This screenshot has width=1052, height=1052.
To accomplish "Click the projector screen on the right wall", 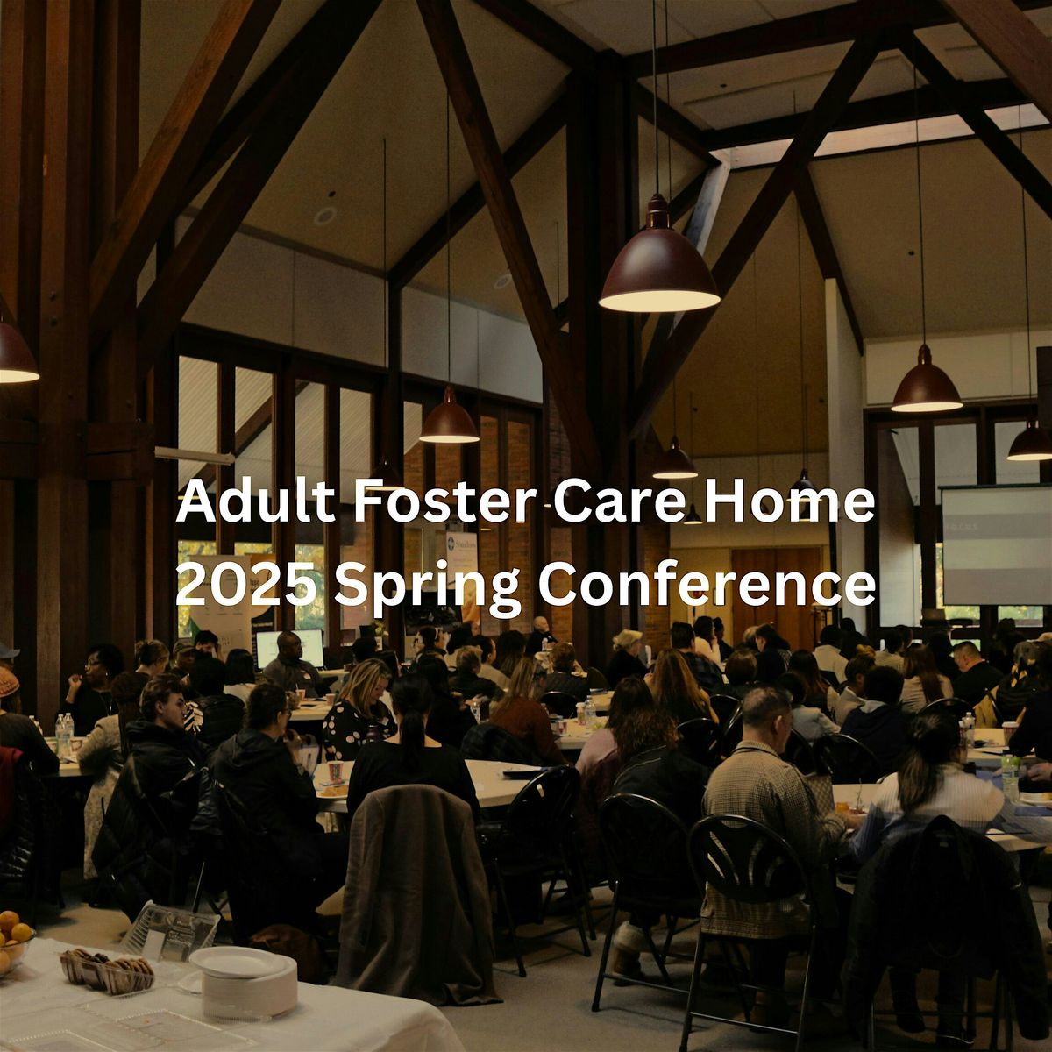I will [996, 544].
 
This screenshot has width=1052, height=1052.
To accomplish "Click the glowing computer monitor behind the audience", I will [288, 646].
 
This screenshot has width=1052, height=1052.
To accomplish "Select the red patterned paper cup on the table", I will [336, 771].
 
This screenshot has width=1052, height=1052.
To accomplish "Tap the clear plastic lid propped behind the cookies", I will [171, 927].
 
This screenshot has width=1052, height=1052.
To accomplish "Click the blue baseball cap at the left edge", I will [7, 650].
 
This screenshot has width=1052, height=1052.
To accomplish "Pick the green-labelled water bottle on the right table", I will [1011, 775].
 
